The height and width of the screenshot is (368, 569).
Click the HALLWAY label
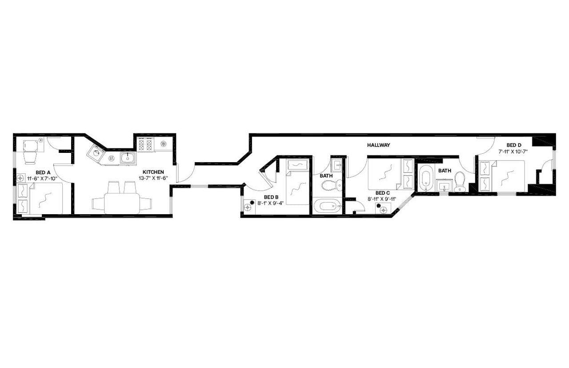378,145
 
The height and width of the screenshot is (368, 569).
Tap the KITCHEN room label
153,172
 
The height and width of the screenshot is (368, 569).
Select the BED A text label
43,173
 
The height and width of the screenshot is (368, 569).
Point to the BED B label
271,197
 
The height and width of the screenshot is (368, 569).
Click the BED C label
383,193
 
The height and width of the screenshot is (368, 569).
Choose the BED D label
514,145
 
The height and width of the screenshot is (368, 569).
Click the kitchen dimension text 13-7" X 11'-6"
153,178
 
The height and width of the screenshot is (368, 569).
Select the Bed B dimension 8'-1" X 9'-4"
270,203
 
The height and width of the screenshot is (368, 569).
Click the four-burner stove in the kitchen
145,144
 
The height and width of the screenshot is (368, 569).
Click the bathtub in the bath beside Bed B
328,206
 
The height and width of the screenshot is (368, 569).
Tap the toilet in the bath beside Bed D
460,182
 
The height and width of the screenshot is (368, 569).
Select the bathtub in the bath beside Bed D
425,179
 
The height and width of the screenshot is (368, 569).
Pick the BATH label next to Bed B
326,176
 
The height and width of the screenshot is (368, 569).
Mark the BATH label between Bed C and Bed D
445,171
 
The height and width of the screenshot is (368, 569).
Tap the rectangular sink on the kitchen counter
128,158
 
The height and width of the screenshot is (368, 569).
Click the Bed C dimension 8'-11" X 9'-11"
382,200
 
